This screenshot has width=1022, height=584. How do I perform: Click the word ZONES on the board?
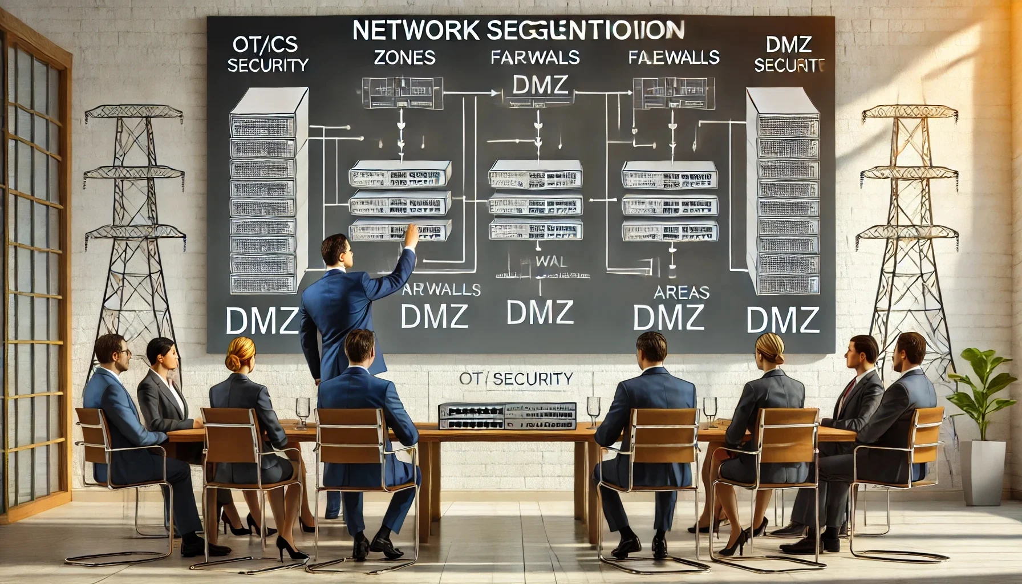[x=404, y=57]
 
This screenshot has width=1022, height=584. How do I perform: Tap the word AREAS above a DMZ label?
[x=681, y=293]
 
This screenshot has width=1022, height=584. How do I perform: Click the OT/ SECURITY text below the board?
[x=516, y=378]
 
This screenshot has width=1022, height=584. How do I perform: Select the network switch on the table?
[x=506, y=416]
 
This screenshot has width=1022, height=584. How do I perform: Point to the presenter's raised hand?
[x=409, y=234]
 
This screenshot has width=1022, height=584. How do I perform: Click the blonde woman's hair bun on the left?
[x=234, y=362]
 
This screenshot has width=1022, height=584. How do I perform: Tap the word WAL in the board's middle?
[x=551, y=262]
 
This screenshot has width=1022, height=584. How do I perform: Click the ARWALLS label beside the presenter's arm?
[x=440, y=289]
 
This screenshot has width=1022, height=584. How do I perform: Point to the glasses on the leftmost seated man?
[x=124, y=352]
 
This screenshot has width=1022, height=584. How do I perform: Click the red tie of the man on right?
[x=849, y=388]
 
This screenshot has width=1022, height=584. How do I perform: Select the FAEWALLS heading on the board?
[x=674, y=58]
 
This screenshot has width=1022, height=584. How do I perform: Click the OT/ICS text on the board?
[x=265, y=44]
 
